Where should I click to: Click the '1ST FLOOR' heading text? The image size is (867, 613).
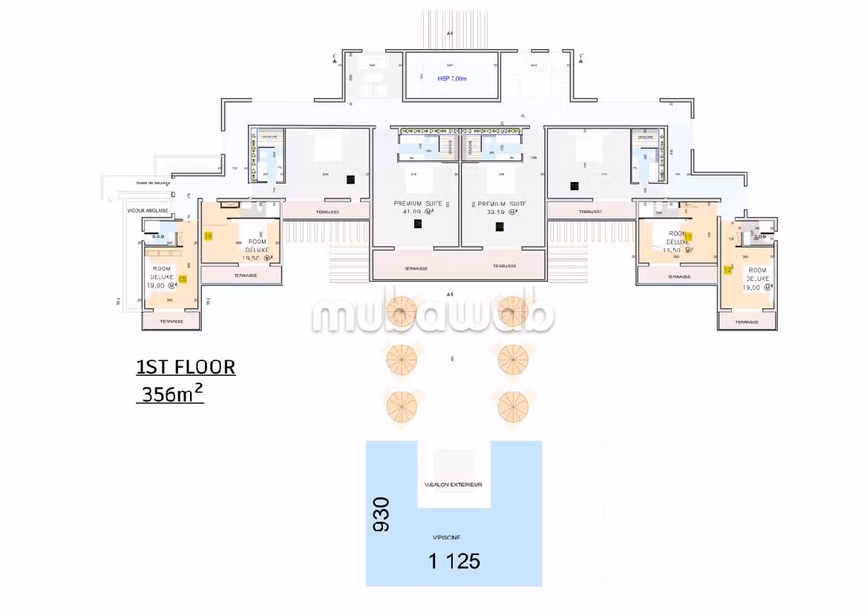(x=186, y=367)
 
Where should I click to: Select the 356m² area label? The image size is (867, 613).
(x=171, y=395)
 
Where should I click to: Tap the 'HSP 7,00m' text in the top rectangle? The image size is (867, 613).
(x=452, y=78)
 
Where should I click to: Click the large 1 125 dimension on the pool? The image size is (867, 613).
(x=454, y=561)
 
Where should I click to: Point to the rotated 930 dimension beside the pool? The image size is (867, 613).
(x=380, y=514)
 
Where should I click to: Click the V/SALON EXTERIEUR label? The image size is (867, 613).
(x=453, y=484)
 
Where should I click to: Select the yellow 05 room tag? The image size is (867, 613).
(x=183, y=279)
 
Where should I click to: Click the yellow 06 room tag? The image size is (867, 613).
(x=208, y=236)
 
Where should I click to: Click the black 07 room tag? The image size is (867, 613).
(x=350, y=179)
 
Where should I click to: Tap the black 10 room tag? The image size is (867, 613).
(x=574, y=186)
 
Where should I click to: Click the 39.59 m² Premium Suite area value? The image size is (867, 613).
(x=500, y=212)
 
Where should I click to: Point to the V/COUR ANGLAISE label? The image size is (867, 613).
(x=148, y=210)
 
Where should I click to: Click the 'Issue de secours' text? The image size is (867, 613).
(x=153, y=183)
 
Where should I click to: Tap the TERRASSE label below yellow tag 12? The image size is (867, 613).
(x=747, y=322)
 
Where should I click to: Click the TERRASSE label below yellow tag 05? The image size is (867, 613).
(x=171, y=321)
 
